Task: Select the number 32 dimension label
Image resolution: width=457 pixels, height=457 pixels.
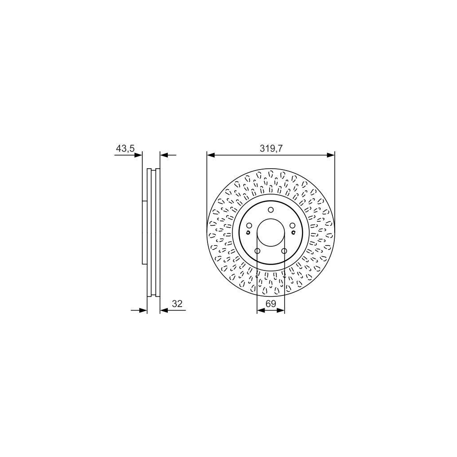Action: pos(177,304)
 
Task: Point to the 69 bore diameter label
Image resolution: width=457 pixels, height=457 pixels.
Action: pos(270,304)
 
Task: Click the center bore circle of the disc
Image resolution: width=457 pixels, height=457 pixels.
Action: pos(271,233)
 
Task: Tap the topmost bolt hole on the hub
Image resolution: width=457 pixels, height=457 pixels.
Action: pos(271,210)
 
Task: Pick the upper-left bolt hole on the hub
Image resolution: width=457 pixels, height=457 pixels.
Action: pos(249,225)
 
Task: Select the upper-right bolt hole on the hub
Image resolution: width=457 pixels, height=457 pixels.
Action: pos(292,225)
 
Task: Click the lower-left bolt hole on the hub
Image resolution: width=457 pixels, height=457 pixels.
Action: pos(258,251)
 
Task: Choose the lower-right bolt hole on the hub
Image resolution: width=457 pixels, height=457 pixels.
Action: pos(284,251)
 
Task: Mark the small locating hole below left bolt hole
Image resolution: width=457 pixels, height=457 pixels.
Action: pos(248,233)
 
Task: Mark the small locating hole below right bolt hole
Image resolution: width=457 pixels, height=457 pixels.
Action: pos(294,233)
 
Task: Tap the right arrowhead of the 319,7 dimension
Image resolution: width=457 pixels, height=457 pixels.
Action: pos(331,155)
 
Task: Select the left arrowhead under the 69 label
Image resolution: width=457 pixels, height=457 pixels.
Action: pos(261,310)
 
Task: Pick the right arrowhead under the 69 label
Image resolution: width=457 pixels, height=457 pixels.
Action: pos(281,310)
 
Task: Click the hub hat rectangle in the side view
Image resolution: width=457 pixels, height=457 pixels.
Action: pos(144,233)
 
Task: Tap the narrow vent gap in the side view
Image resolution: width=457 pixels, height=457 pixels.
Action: pos(153,233)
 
